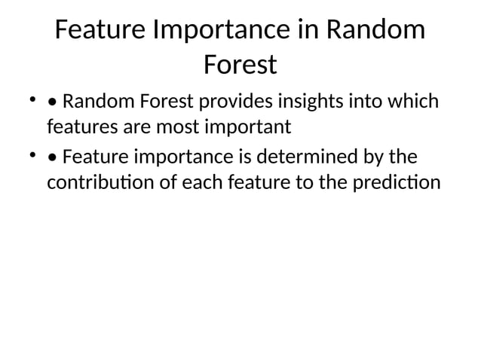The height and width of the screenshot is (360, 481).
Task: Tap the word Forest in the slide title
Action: tap(240, 65)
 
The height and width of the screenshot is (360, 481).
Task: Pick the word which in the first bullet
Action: tap(412, 101)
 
